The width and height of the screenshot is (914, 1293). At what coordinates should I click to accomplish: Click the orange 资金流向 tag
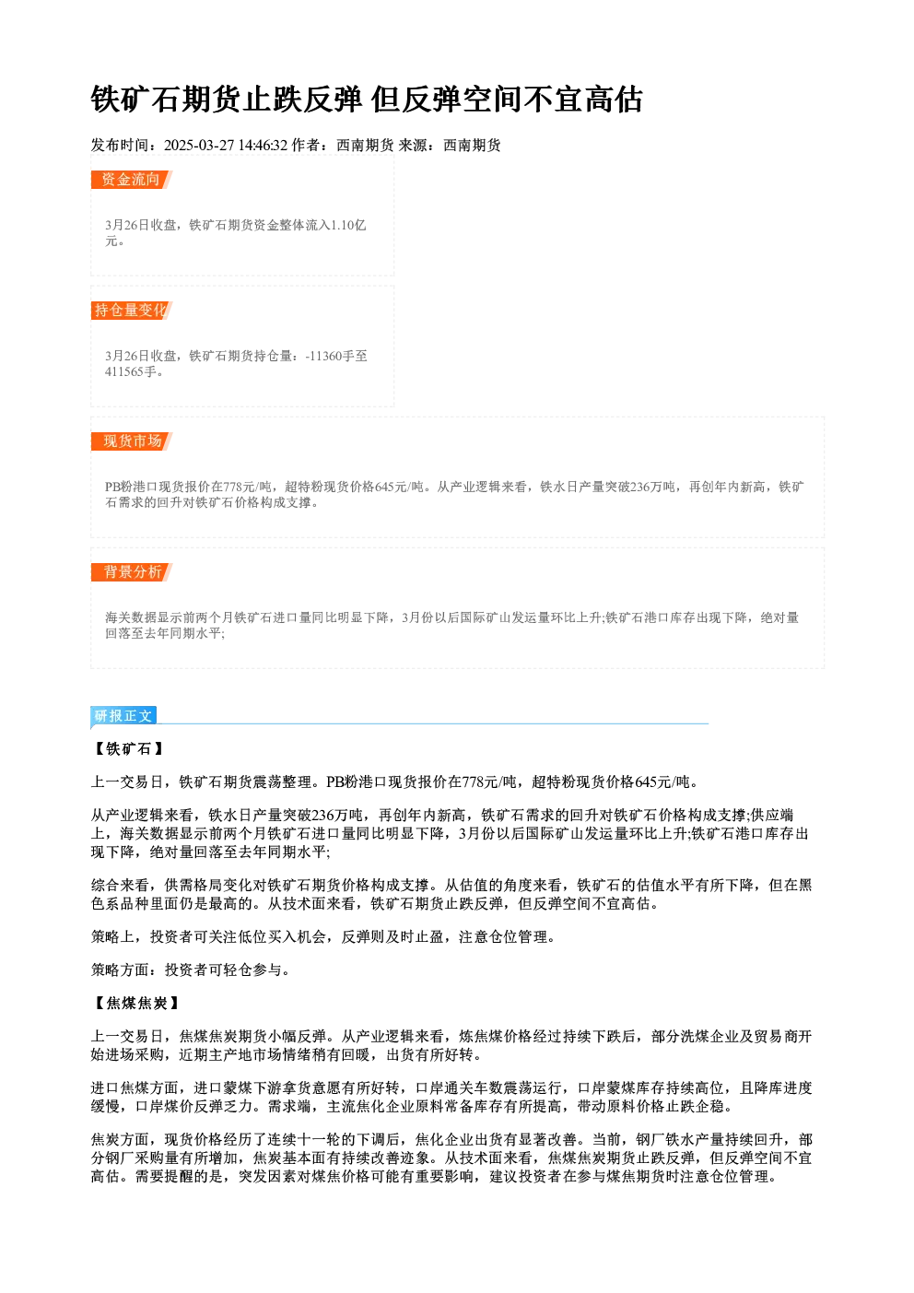[x=132, y=180]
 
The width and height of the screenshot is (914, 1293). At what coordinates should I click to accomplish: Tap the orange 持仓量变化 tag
[x=132, y=311]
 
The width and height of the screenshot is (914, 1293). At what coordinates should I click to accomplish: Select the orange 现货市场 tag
[x=132, y=441]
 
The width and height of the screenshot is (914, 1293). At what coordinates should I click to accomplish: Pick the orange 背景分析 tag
[x=132, y=572]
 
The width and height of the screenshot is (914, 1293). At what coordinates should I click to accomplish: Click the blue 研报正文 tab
[x=123, y=716]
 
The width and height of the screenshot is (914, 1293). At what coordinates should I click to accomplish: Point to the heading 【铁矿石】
[x=128, y=749]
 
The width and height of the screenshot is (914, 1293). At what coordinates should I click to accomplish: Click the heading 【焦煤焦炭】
[x=135, y=1004]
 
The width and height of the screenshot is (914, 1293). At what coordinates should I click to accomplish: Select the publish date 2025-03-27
[x=199, y=146]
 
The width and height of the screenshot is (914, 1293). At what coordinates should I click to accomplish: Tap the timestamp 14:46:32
[x=264, y=146]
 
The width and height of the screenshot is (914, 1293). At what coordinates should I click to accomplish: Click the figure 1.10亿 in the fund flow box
[x=348, y=225]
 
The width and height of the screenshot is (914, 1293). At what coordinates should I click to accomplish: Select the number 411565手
[x=131, y=371]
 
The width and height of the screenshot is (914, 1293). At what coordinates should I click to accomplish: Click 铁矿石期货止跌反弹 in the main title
[x=227, y=100]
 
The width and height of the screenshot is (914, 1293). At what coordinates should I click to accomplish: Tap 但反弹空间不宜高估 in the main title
[x=507, y=100]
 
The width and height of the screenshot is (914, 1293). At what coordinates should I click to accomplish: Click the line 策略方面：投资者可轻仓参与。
[x=191, y=970]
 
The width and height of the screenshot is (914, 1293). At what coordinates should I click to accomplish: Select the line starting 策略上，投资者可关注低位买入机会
[x=323, y=936]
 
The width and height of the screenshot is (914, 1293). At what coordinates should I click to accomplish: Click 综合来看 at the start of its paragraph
[x=120, y=885]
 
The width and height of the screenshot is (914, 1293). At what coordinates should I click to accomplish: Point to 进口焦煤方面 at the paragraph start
[x=135, y=1088]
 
